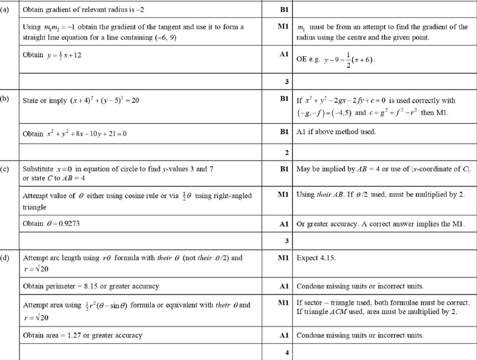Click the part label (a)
point(6,9)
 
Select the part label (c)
point(6,168)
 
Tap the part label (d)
point(6,258)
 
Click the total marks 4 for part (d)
point(287,352)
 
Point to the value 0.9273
point(69,224)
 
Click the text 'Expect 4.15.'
point(316,258)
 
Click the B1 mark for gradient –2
point(284,9)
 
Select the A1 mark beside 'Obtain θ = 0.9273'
point(284,224)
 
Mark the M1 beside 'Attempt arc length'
point(284,258)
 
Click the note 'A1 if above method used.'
point(336,132)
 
